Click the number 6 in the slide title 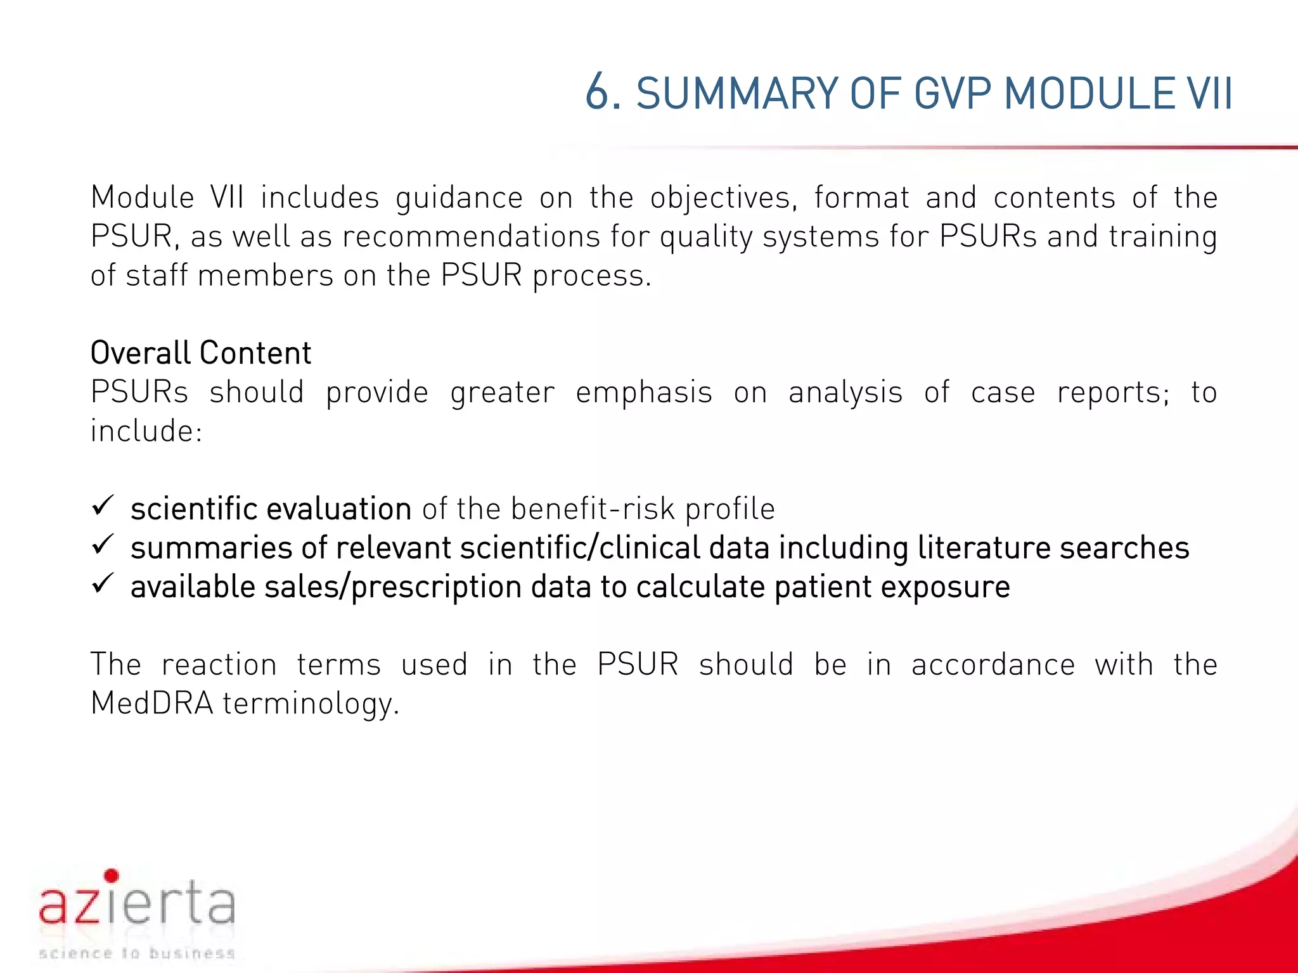(x=597, y=94)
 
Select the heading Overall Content (x=201, y=353)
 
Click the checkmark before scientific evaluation (x=103, y=506)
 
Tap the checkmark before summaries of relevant (x=103, y=545)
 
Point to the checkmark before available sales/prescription (x=103, y=583)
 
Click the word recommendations (x=471, y=237)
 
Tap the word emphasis (x=644, y=392)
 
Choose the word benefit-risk (x=593, y=509)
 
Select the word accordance (x=993, y=665)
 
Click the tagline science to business (x=137, y=953)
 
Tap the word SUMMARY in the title (x=737, y=94)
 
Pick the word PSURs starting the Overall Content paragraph (x=139, y=392)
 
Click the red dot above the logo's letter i (x=112, y=876)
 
